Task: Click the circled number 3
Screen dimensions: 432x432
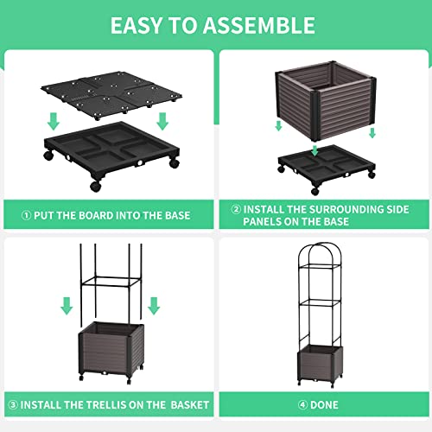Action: (x=12, y=404)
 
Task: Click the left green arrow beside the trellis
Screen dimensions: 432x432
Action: (x=66, y=305)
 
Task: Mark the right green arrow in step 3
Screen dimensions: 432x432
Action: (x=154, y=305)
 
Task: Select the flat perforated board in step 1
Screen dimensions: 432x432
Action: (x=106, y=93)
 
